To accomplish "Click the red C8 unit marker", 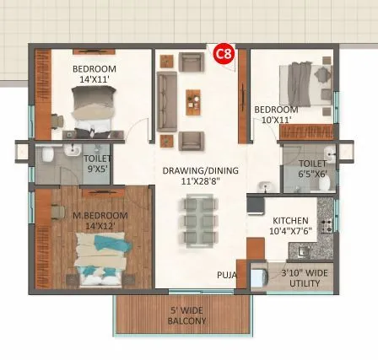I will click(224, 54).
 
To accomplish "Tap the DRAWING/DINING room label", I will click(200, 170).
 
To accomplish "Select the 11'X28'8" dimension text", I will click(200, 180).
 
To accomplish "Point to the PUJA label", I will click(226, 275).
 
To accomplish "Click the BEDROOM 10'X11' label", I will click(276, 115).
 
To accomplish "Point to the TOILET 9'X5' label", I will click(97, 162).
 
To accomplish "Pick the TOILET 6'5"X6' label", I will click(312, 169).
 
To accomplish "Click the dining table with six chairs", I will click(199, 219).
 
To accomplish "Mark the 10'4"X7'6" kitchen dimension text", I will click(289, 229).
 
